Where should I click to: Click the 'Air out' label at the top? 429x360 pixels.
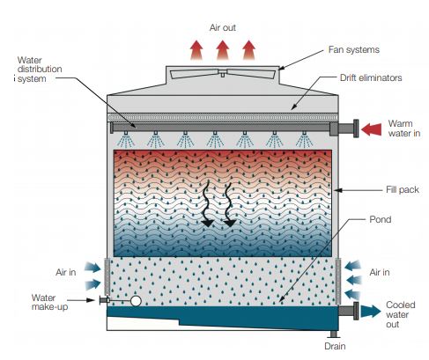(x=223, y=27)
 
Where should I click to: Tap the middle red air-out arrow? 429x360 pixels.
(x=223, y=50)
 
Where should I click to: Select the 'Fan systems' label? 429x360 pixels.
(x=354, y=49)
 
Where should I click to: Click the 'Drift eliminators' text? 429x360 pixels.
(x=371, y=77)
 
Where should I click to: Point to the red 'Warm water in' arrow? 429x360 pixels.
(x=371, y=129)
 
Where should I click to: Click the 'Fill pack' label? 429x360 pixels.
(x=403, y=189)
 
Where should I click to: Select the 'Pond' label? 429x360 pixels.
(x=381, y=219)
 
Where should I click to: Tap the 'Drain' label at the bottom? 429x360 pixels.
(x=335, y=346)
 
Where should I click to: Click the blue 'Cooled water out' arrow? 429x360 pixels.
(x=371, y=311)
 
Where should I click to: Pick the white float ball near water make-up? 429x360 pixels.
(x=136, y=301)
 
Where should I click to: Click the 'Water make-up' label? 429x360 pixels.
(x=49, y=302)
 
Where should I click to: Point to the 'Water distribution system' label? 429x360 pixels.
(x=39, y=70)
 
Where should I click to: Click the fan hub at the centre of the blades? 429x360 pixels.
(x=223, y=73)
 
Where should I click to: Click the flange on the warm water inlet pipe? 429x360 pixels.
(x=356, y=129)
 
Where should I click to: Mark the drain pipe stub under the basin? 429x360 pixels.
(x=333, y=334)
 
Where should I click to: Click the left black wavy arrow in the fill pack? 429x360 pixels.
(x=207, y=204)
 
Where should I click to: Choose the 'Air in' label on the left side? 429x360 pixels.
(x=66, y=272)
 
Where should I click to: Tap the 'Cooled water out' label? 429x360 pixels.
(x=401, y=314)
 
